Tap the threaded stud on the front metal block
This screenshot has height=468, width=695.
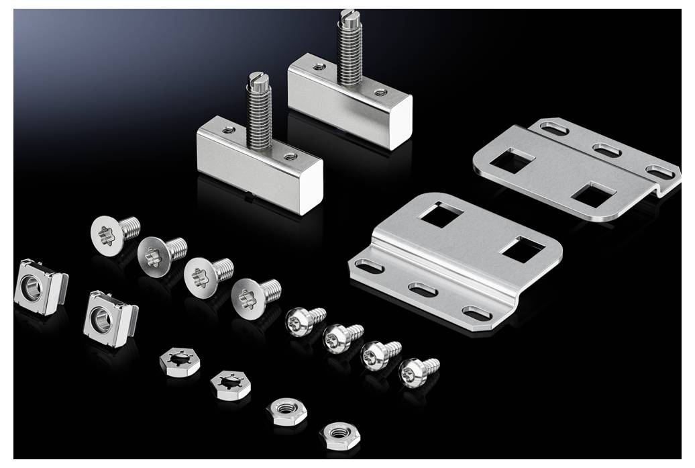[258, 114]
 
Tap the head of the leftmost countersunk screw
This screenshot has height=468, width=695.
[107, 232]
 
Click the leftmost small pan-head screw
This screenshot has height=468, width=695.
[297, 321]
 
